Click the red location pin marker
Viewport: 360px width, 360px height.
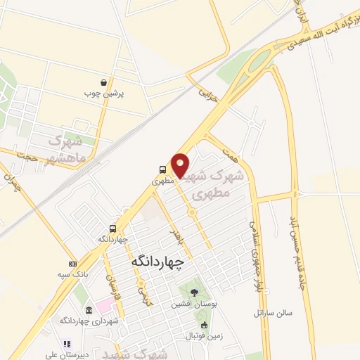181,165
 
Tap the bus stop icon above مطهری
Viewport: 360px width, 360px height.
162,169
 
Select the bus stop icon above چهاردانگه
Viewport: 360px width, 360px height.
112,229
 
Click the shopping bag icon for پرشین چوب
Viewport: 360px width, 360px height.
104,82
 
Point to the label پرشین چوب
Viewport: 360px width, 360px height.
104,93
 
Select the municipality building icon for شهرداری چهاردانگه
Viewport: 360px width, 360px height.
88,310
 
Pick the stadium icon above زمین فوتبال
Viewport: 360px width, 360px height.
205,325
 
